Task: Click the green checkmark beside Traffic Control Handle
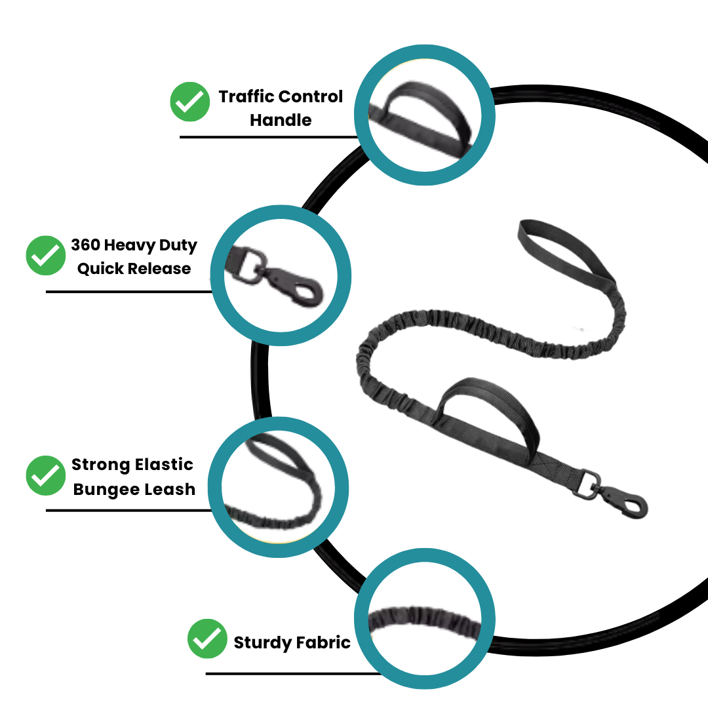point(190,102)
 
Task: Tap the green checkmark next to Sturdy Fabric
point(207,639)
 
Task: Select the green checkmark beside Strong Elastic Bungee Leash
point(46,476)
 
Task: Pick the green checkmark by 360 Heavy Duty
point(46,256)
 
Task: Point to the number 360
point(85,245)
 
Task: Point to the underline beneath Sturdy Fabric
point(292,673)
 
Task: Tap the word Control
point(311,96)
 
